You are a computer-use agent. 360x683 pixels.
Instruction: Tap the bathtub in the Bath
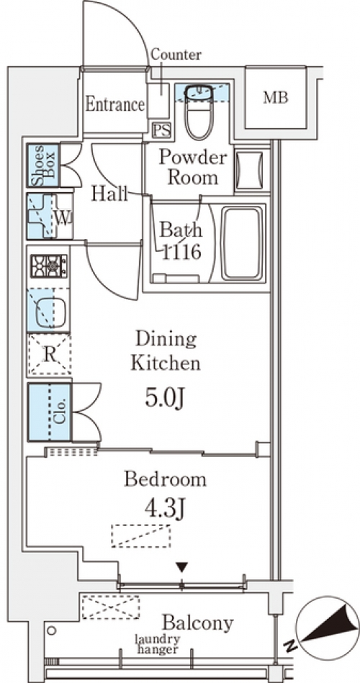point(243,243)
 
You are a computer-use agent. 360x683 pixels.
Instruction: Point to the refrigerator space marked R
point(49,355)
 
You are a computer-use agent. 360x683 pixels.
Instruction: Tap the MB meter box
point(276,98)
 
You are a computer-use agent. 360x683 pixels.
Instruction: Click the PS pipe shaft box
point(161,130)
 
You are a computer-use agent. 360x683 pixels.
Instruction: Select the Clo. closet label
point(61,411)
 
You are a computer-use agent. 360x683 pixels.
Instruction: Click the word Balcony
point(197,623)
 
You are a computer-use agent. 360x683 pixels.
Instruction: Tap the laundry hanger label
point(158,645)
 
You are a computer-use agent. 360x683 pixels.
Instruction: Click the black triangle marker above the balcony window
point(181,568)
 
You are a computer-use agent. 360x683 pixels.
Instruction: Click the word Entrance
point(115,104)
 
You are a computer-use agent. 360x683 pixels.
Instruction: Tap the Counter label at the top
point(176,55)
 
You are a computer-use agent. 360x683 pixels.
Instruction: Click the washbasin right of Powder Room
point(251,171)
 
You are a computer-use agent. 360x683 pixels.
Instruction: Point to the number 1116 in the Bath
point(181,251)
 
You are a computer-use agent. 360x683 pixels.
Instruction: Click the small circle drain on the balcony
point(51,630)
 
